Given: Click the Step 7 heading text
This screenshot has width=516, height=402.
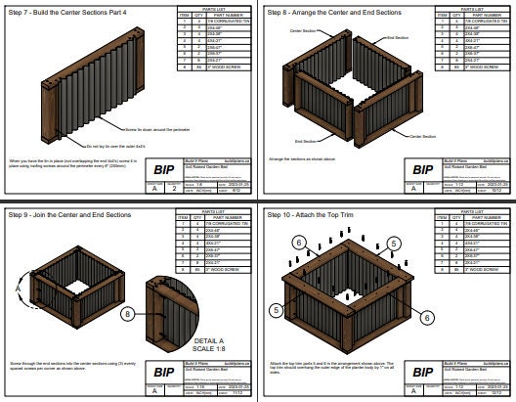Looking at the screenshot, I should (59, 13).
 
